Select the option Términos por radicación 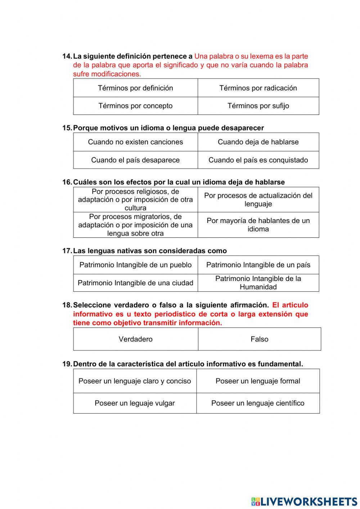point(258,88)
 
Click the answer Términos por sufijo point(258,106)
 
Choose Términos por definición point(135,88)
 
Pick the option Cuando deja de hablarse point(258,142)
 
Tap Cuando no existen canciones point(135,142)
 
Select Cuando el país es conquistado point(258,160)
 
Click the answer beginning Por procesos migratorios point(135,225)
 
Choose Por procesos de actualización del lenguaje point(258,200)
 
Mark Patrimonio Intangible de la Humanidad point(258,283)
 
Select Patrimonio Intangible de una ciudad point(135,283)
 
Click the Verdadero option point(135,339)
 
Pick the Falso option point(259,339)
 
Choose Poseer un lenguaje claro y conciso point(135,381)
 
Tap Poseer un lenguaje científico point(258,403)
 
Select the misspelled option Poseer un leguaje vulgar point(135,403)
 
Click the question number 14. point(67,56)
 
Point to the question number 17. point(67,251)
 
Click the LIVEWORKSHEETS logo point(304,501)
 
